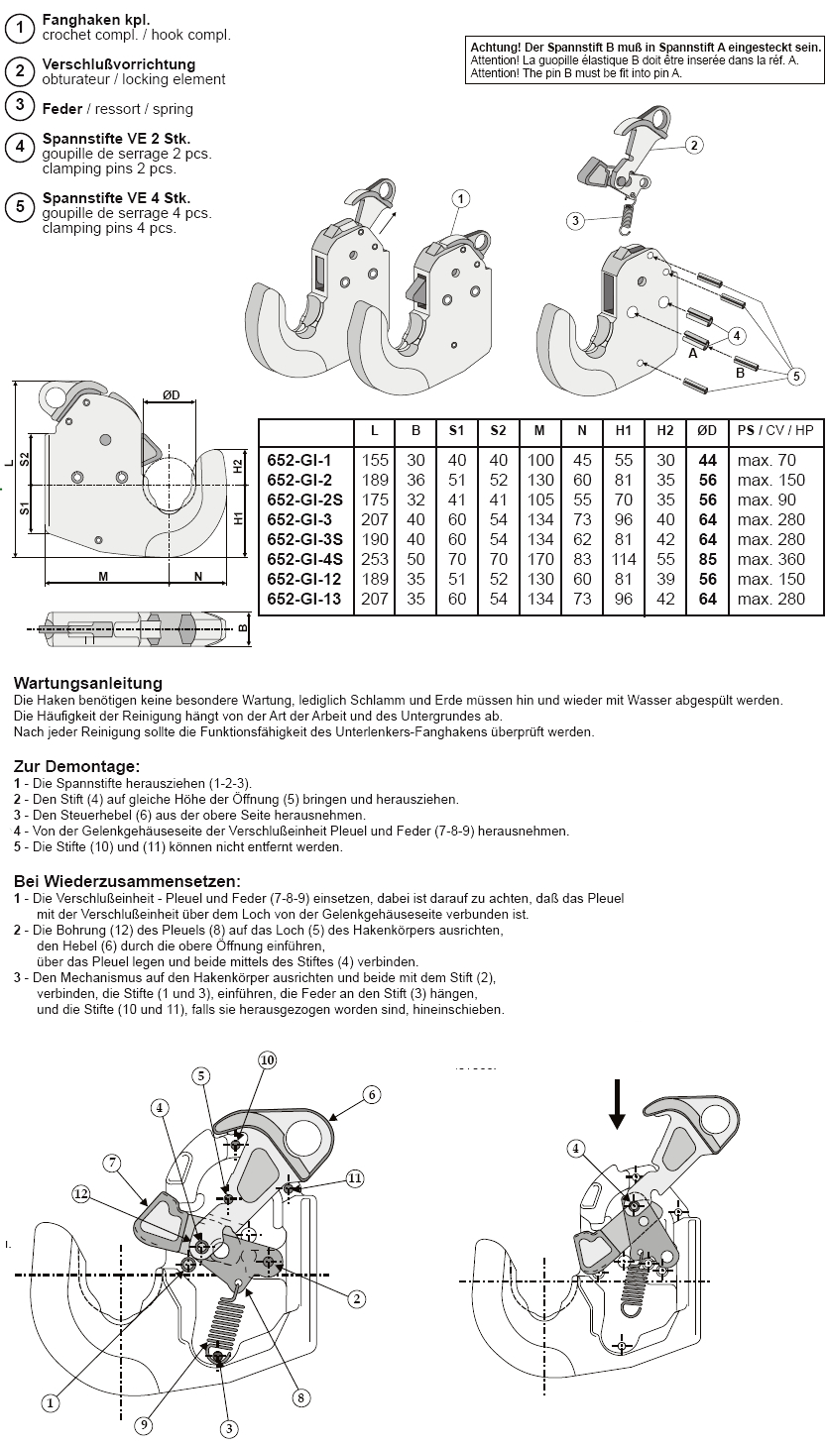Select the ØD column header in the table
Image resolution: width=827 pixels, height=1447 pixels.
[x=707, y=431]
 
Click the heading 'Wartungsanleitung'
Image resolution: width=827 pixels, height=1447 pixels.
[x=88, y=683]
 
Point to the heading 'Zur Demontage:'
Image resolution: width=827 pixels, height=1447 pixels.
[x=76, y=766]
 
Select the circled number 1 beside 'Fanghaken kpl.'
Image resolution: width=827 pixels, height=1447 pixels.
[x=20, y=29]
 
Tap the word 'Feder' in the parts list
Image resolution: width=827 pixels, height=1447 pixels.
[x=61, y=108]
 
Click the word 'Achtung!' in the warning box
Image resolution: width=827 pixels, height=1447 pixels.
[x=498, y=47]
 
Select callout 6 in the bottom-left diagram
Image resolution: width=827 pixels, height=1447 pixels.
[x=371, y=1094]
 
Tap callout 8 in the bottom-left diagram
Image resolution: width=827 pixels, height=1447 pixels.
[x=299, y=1397]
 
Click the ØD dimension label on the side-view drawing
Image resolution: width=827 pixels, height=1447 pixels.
[x=171, y=395]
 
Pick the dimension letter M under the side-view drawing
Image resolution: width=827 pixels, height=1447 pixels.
[x=102, y=576]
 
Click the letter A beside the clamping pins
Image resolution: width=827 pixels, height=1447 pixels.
[x=692, y=352]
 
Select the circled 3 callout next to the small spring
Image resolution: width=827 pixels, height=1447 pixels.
[x=575, y=220]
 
